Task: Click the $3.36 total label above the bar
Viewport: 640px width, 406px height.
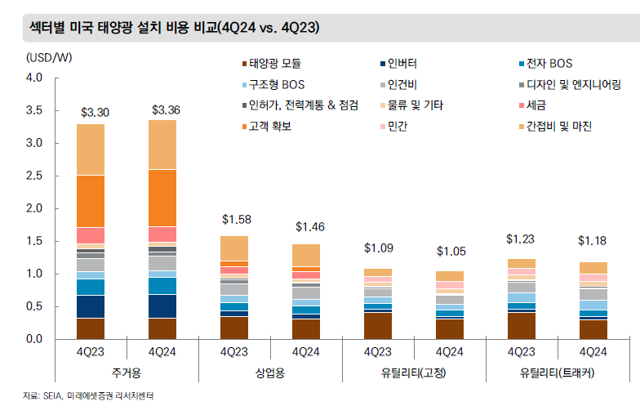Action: pyautogui.click(x=165, y=110)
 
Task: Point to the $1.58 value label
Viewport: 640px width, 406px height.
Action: pyautogui.click(x=236, y=220)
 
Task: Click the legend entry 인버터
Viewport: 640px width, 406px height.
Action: pyautogui.click(x=405, y=63)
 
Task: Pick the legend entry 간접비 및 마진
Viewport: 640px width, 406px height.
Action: pyautogui.click(x=560, y=127)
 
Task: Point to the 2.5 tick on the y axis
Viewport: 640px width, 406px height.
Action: pyautogui.click(x=33, y=176)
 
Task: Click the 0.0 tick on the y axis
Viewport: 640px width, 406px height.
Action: pyautogui.click(x=33, y=339)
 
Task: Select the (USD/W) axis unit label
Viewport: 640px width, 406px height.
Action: pyautogui.click(x=49, y=57)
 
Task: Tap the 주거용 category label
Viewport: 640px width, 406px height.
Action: pyautogui.click(x=127, y=373)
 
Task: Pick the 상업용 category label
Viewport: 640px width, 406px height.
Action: pyautogui.click(x=269, y=373)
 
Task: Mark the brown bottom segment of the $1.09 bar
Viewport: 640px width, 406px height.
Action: pyautogui.click(x=378, y=326)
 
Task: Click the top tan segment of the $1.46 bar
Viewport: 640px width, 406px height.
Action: pyautogui.click(x=307, y=255)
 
